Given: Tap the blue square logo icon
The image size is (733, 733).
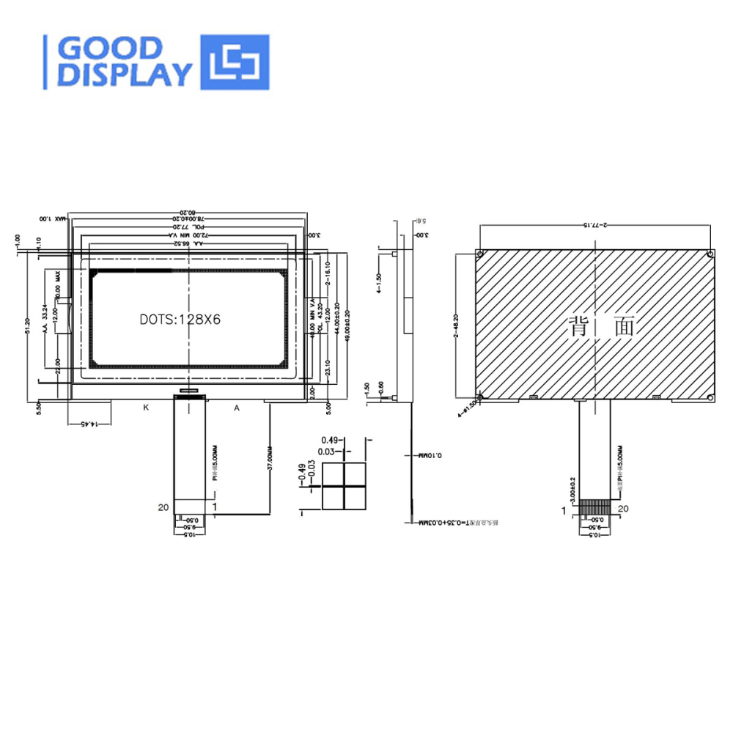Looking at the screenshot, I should (235, 62).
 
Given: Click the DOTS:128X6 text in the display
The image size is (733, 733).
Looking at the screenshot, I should (180, 320).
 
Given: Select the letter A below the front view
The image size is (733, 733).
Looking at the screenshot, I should (237, 408).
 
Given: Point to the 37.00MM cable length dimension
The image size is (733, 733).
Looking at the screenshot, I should (270, 463).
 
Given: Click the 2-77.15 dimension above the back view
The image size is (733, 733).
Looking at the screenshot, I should (594, 225).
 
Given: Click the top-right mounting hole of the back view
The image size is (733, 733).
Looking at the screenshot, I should (710, 254).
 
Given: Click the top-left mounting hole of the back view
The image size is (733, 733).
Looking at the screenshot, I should (479, 254).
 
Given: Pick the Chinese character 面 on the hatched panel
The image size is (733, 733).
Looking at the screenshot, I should (622, 326).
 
